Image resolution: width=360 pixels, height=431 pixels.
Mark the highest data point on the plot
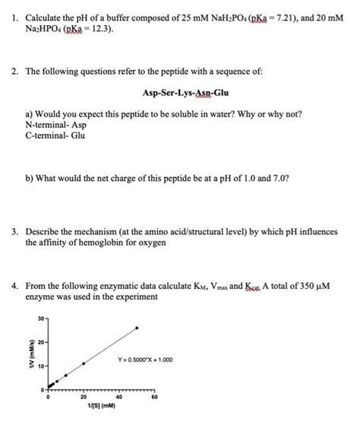[137, 328]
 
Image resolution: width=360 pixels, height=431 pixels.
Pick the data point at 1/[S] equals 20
[84, 364]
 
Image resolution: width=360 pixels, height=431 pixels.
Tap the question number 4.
[15, 284]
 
